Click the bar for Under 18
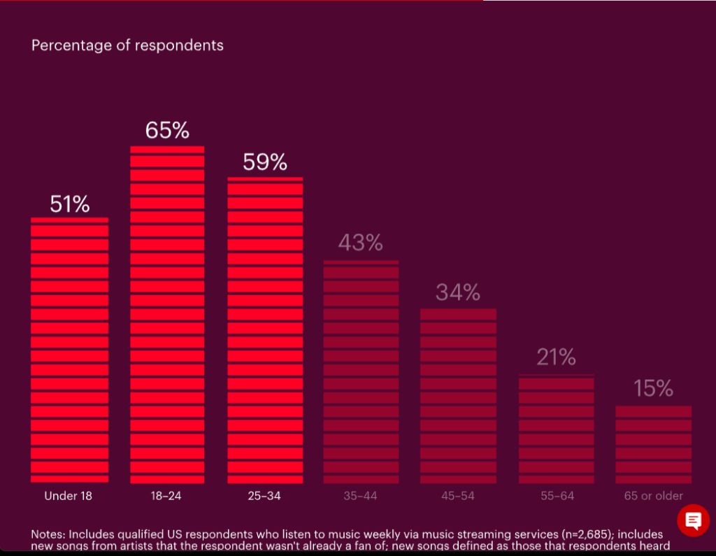tap(69, 350)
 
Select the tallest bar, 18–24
tap(167, 315)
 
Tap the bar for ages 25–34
tap(265, 330)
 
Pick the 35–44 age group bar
tap(361, 371)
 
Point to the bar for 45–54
tap(458, 396)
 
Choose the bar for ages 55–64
tap(556, 429)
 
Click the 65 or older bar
tap(653, 444)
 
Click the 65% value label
tap(167, 131)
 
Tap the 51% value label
tap(69, 204)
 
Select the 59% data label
tap(265, 162)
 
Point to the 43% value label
tap(361, 243)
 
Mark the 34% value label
tap(458, 292)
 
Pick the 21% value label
tap(556, 357)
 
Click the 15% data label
tap(653, 389)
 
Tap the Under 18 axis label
tap(68, 496)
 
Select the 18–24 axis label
tap(166, 496)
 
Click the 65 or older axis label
tap(653, 496)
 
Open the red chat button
tap(693, 520)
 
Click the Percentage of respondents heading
tap(127, 45)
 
